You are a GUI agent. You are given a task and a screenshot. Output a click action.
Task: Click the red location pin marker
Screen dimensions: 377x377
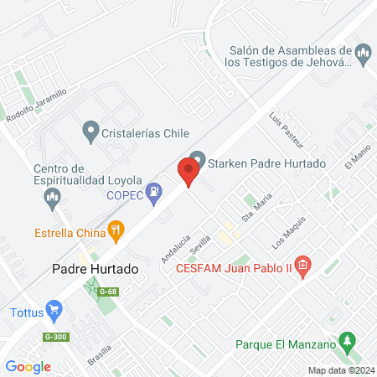188,172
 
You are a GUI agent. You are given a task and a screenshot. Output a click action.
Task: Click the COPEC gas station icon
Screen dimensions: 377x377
154,195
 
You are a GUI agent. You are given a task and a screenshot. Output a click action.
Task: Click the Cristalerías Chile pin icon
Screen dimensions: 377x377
90,132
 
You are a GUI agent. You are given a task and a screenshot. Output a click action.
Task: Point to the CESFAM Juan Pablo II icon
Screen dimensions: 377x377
303,269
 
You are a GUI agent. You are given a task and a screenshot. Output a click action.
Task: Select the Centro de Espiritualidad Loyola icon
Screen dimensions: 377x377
52,199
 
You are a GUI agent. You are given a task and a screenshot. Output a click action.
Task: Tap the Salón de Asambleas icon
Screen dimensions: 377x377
363,55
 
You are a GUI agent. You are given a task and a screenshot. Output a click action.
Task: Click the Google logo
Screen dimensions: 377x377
28,366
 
